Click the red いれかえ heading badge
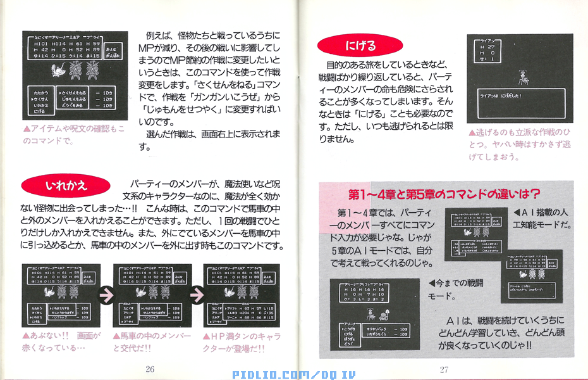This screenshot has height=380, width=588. [x=65, y=186]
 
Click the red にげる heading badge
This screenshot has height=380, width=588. [x=360, y=46]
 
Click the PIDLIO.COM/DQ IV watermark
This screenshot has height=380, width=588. [x=293, y=374]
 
